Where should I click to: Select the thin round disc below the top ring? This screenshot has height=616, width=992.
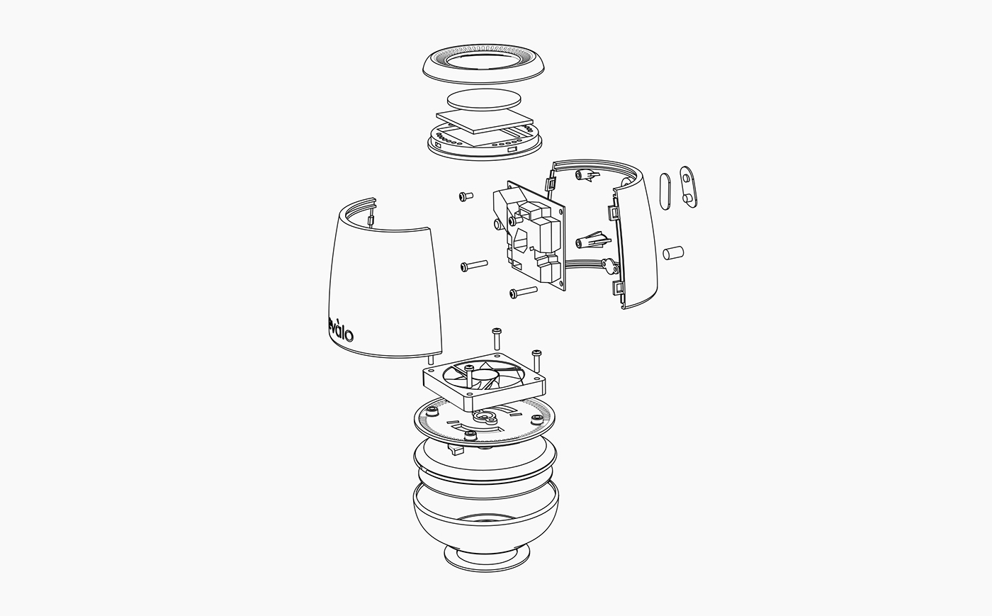(484, 100)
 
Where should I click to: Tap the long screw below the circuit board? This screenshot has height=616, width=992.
(522, 291)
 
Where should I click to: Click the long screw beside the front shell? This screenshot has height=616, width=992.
(473, 265)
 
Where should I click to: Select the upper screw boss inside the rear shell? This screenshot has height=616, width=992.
(589, 174)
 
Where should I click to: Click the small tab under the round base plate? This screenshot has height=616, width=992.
(455, 449)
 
